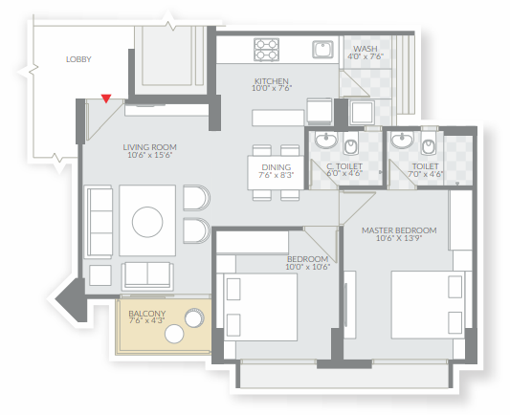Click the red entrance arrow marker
click(106, 98)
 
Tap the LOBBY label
click(78, 59)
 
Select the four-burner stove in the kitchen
click(267, 50)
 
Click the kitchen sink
click(322, 50)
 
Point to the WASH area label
click(366, 49)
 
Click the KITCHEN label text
click(271, 81)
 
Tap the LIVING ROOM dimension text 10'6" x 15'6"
click(149, 155)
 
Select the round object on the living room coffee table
click(147, 222)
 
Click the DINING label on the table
click(277, 167)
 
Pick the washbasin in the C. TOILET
click(325, 140)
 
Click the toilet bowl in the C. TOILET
click(350, 145)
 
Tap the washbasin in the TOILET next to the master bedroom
click(402, 140)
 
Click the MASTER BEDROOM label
click(399, 230)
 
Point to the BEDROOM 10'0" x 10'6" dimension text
click(308, 267)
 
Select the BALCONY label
click(147, 314)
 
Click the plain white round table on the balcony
click(174, 334)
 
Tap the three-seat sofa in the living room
click(99, 222)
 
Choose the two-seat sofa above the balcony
click(147, 276)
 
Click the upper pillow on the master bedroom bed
click(455, 287)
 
